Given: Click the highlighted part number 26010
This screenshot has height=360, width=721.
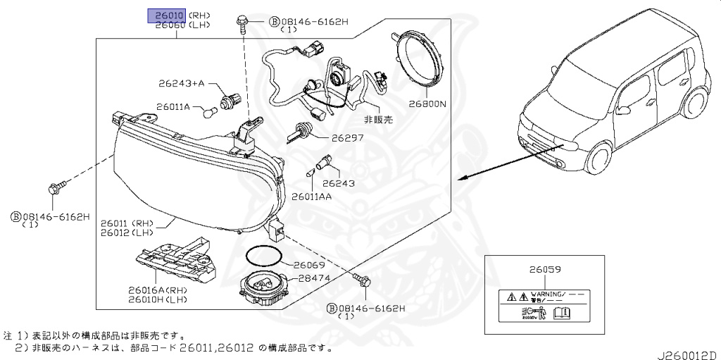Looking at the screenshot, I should click(x=165, y=15).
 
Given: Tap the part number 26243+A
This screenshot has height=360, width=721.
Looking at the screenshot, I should click(x=180, y=83).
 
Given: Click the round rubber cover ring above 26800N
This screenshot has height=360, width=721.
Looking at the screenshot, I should click(x=419, y=57).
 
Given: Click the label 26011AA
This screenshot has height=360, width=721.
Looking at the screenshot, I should click(x=311, y=196).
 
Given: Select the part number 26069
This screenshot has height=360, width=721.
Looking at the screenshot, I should click(x=309, y=265).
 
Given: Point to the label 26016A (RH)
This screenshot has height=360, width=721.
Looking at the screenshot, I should click(x=156, y=290).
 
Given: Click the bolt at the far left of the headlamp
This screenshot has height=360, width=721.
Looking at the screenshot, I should click(x=55, y=188).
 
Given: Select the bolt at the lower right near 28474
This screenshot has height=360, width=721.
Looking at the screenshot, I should click(x=364, y=282).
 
